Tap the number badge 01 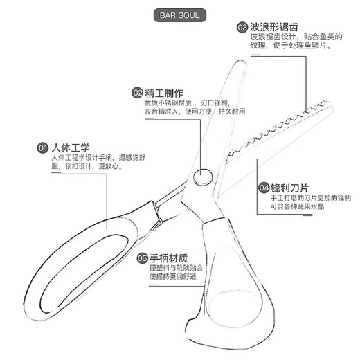point(42,147)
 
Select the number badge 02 point(138,92)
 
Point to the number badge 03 point(242,28)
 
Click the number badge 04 point(264,188)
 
